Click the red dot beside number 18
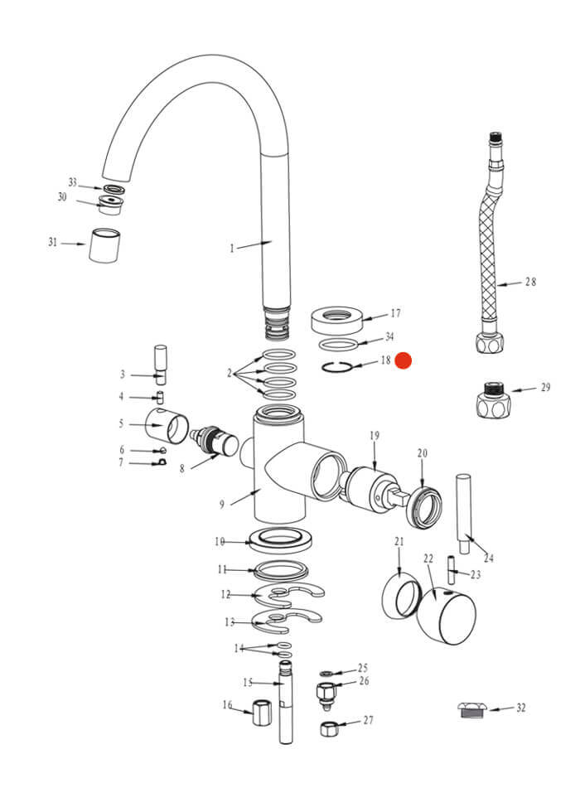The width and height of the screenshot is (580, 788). [403, 360]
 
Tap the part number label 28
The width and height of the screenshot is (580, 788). [530, 282]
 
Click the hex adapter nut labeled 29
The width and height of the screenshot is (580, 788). [492, 400]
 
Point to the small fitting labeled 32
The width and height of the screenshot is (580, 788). [472, 710]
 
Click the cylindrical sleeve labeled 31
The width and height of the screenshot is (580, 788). [104, 245]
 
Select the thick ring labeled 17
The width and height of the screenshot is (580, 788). [336, 319]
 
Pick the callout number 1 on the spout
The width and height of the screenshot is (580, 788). [232, 249]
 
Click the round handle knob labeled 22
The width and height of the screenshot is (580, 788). [447, 615]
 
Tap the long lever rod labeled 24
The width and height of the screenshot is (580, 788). [463, 514]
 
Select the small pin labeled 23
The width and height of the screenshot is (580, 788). [451, 569]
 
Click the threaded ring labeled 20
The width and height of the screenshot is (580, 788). [425, 507]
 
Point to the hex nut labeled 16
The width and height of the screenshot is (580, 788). [262, 712]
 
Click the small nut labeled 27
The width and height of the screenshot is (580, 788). [328, 728]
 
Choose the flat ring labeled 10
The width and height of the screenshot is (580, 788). [282, 539]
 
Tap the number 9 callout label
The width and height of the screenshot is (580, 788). [222, 504]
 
